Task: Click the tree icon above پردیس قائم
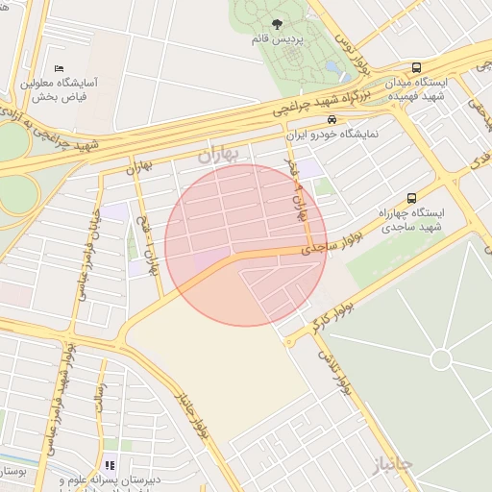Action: point(278,24)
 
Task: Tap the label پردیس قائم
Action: point(278,40)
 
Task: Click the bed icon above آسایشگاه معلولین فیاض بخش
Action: point(60,68)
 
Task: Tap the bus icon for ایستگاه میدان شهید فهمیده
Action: point(416,67)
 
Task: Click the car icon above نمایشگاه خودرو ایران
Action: point(332,120)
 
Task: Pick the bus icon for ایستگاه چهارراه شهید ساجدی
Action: point(412,197)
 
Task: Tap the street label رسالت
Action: point(99,399)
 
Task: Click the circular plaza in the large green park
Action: point(441,359)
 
